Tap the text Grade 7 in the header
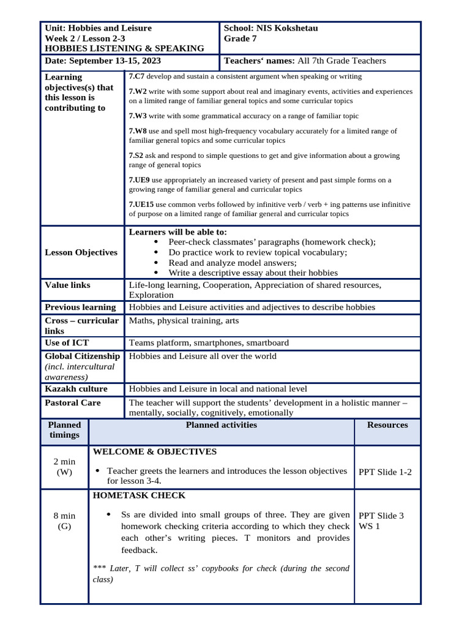[x=241, y=39]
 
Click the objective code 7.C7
[x=136, y=77]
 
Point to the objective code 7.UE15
[x=141, y=205]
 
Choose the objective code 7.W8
[x=138, y=131]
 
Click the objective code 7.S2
[x=136, y=156]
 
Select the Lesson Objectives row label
[x=81, y=252]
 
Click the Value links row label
[x=67, y=285]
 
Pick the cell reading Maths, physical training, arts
[x=184, y=321]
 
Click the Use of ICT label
[x=67, y=343]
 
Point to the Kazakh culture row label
[x=76, y=389]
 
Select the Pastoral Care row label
[x=73, y=403]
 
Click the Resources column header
[x=387, y=425]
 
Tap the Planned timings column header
[x=64, y=430]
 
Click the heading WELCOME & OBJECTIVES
[x=154, y=452]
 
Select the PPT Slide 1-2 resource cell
[x=385, y=472]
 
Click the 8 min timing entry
[x=64, y=516]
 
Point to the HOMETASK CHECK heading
[x=138, y=495]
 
